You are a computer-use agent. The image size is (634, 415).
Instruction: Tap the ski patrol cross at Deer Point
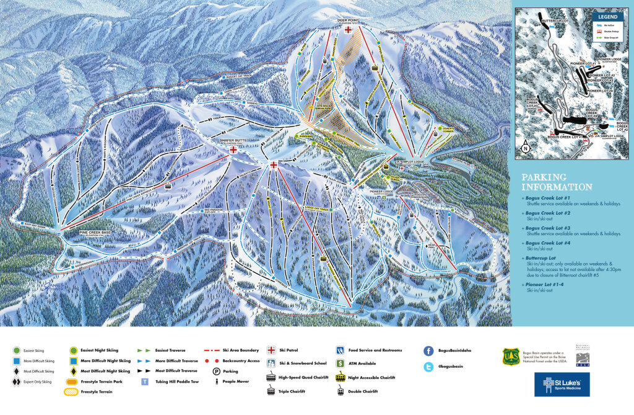pyautogui.click(x=349, y=29)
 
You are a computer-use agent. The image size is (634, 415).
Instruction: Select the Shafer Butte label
pyautogui.click(x=233, y=140)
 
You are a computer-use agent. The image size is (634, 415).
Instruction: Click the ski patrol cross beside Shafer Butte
pyautogui.click(x=233, y=150)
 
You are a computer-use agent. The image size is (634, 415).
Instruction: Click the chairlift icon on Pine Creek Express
pyautogui.click(x=168, y=184)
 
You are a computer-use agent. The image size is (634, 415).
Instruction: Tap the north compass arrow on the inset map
pyautogui.click(x=525, y=147)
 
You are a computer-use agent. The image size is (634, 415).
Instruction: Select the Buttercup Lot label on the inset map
pyautogui.click(x=555, y=21)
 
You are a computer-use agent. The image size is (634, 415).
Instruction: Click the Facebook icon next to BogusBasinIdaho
pyautogui.click(x=428, y=350)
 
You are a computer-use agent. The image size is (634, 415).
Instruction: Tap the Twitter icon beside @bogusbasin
pyautogui.click(x=428, y=367)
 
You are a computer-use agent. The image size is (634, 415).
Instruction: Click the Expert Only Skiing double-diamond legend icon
pyautogui.click(x=15, y=382)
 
